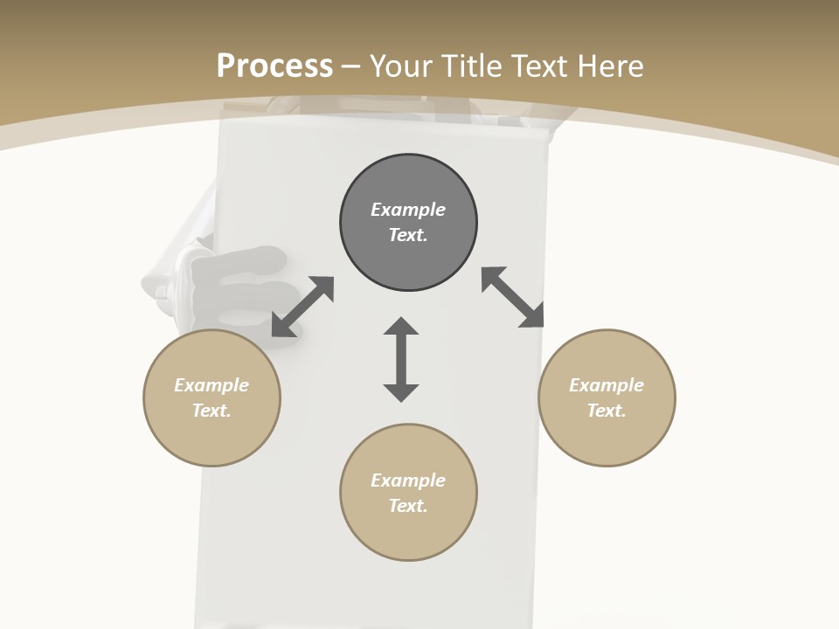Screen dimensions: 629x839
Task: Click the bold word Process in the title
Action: click(274, 66)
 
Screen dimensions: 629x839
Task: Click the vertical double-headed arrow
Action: click(401, 360)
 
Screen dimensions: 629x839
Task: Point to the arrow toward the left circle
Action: click(302, 306)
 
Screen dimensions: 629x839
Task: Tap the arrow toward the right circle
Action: click(513, 297)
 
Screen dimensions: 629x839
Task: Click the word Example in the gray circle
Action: click(408, 210)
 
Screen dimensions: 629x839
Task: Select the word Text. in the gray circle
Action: click(408, 235)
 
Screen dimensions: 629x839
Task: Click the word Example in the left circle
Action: click(211, 385)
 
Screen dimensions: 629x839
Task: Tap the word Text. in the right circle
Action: click(607, 411)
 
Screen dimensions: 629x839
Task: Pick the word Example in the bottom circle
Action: click(408, 480)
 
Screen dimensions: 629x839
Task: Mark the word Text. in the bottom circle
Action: click(408, 506)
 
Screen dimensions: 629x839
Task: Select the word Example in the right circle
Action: click(607, 385)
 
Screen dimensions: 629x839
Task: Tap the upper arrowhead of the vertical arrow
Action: click(401, 326)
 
